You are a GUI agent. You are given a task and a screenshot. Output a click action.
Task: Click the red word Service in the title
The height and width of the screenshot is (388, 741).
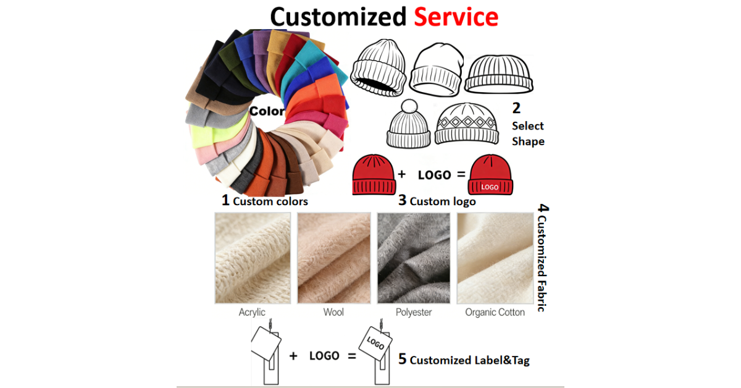click(x=456, y=17)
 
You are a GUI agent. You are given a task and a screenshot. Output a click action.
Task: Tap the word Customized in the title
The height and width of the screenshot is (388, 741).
click(x=338, y=17)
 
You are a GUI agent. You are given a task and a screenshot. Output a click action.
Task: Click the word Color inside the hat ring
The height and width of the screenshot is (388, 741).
click(x=267, y=111)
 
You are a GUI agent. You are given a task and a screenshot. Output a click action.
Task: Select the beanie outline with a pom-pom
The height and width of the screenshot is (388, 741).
click(x=409, y=124)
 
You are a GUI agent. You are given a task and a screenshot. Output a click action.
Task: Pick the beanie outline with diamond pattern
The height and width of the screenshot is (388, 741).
click(x=467, y=124)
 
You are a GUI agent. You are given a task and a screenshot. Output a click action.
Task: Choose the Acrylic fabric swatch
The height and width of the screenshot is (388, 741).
click(x=253, y=258)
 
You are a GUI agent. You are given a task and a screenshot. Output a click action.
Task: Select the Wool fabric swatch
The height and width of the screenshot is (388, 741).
click(x=334, y=258)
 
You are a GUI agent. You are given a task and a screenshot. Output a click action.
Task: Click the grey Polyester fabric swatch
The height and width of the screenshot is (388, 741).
click(x=414, y=258)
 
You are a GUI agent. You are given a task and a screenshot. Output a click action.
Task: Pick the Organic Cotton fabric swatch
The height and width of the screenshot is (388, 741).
click(x=495, y=258)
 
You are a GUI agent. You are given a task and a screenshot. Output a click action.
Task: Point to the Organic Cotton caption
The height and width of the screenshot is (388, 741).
click(x=495, y=312)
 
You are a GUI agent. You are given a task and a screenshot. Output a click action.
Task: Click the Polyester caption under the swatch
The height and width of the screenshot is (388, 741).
click(x=414, y=312)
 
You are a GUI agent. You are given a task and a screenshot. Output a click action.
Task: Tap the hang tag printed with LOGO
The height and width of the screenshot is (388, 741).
click(x=376, y=344)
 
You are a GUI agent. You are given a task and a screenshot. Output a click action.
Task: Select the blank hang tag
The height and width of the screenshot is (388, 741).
click(x=266, y=344)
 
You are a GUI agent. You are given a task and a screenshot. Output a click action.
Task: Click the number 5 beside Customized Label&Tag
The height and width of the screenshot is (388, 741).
click(x=402, y=359)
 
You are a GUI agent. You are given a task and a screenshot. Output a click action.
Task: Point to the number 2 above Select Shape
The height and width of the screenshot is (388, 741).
click(x=516, y=108)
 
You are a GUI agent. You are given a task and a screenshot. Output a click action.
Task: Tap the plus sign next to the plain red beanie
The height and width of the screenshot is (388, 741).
click(x=401, y=174)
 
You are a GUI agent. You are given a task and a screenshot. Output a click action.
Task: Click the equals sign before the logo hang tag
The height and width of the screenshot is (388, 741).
click(x=352, y=356)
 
